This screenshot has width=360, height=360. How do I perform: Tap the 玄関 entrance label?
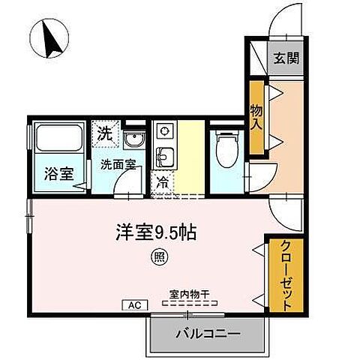pyautogui.click(x=286, y=58)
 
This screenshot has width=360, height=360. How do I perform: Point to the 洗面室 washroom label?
pyautogui.click(x=118, y=165)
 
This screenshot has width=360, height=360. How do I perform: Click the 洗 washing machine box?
pyautogui.click(x=106, y=135)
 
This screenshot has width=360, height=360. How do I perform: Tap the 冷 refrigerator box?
pyautogui.click(x=163, y=181)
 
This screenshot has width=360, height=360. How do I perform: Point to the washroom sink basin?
pyautogui.click(x=136, y=140)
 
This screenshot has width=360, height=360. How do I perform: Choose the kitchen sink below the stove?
pyautogui.click(x=163, y=157)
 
